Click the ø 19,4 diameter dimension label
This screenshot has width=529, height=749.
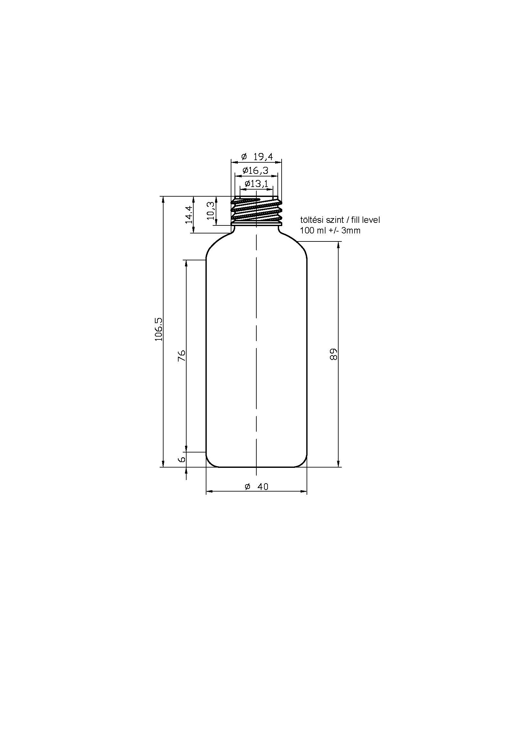pyautogui.click(x=257, y=157)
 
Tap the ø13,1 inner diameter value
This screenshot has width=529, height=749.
pyautogui.click(x=256, y=184)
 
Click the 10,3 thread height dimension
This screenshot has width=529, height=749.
pyautogui.click(x=211, y=210)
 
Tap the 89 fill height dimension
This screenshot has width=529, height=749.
pyautogui.click(x=333, y=354)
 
